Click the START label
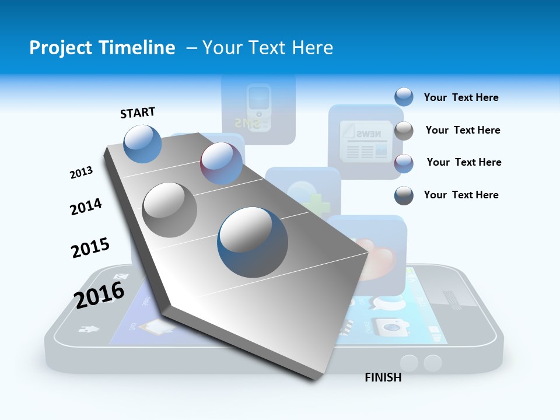pos(138,113)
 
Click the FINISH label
pos(383,377)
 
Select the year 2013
pos(81,173)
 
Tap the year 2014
pos(86,206)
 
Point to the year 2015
pos(90,247)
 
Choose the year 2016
pos(99,294)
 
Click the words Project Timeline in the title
pos(102,48)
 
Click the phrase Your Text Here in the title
pos(268,48)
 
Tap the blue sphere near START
pos(143,143)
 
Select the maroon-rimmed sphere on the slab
pos(221,163)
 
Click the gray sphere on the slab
pos(170,209)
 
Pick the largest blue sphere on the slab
pos(253,242)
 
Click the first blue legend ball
pos(404,97)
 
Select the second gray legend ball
pos(404,131)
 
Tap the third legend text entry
pos(464,162)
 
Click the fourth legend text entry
pos(461,195)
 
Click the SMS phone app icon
pos(258,108)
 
